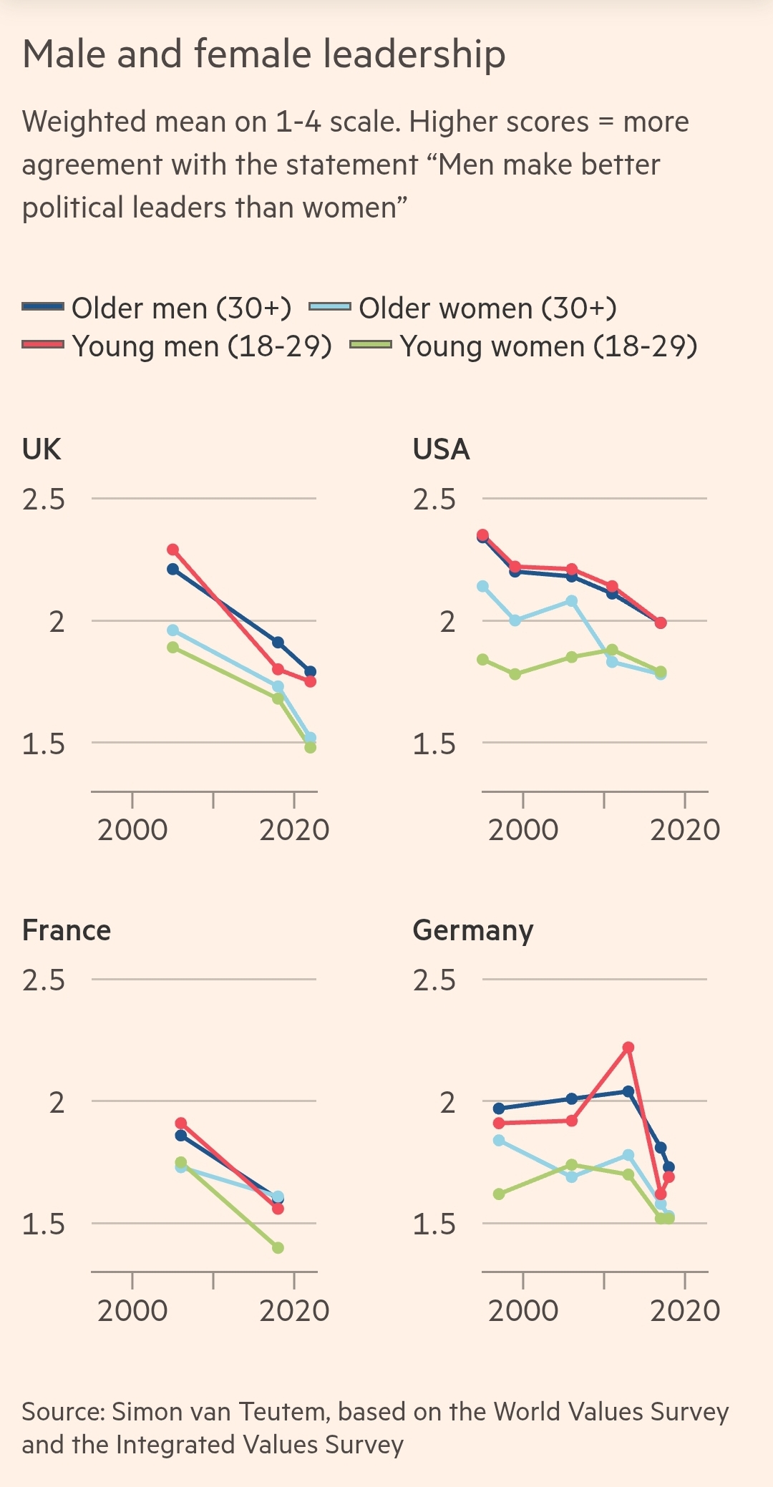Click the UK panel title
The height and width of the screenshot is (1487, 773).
[42, 449]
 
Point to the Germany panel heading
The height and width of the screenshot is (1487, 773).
[472, 930]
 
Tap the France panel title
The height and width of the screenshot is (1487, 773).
[67, 930]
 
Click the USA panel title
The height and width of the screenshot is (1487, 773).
[441, 449]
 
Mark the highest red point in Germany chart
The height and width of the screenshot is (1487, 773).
[628, 1047]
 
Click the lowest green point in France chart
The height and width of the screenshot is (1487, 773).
[278, 1247]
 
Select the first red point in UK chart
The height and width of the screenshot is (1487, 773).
[172, 550]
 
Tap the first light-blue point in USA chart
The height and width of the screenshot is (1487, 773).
[482, 586]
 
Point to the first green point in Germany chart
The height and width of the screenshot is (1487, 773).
[499, 1194]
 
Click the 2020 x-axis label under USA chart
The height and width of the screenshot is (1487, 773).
[685, 830]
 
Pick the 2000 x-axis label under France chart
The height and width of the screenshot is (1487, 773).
[132, 1311]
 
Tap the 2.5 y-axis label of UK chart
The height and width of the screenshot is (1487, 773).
[44, 499]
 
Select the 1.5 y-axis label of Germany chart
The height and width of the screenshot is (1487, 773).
[434, 1224]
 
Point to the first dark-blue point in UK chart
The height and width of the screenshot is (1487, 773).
[172, 569]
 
